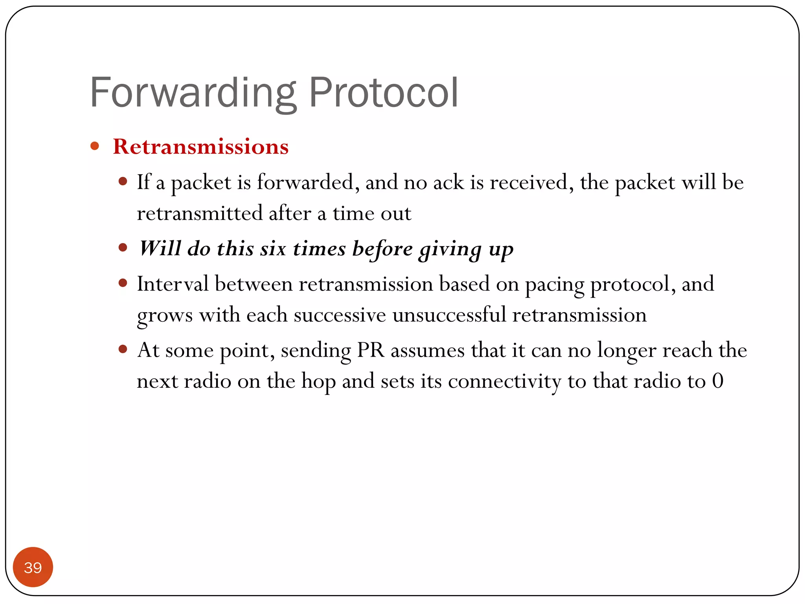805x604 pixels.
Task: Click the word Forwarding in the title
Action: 193,93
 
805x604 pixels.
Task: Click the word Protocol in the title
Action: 383,93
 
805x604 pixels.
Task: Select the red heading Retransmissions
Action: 200,147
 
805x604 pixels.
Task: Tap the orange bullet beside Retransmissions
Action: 95,146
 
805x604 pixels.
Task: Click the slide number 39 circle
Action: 33,567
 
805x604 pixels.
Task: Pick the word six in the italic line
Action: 273,249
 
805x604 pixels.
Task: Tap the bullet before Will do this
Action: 123,247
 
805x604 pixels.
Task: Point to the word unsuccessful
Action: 449,315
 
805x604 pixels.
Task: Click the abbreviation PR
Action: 370,350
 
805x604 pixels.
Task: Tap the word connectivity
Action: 504,381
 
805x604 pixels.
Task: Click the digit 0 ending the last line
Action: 718,381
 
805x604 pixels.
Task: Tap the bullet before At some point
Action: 123,349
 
